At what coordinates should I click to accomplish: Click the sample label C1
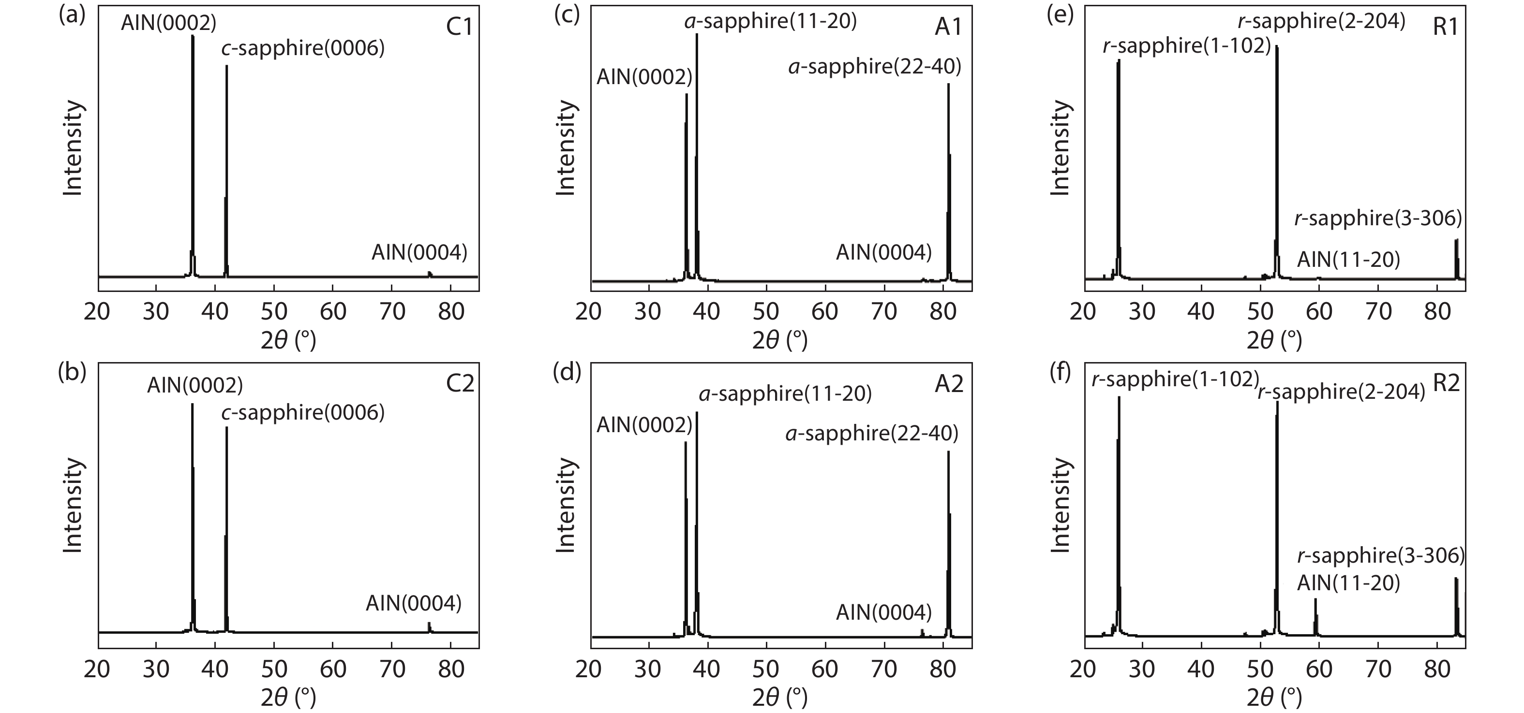coord(459,27)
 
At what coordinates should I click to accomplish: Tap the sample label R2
coord(1446,383)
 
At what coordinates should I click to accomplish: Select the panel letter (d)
coord(568,373)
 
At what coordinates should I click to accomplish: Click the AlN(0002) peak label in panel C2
coord(194,385)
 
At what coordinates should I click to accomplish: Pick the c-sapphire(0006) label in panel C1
coord(303,48)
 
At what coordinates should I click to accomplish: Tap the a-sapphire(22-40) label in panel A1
coord(874,67)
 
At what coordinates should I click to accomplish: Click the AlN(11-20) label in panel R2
coord(1348,583)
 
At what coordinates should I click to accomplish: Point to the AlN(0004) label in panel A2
coord(883,612)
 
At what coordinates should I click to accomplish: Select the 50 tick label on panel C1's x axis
coord(274,311)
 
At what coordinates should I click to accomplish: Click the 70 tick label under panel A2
coord(884,669)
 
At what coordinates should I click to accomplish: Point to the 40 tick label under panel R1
coord(1201,311)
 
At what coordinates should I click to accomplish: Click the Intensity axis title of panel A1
coord(566,148)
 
